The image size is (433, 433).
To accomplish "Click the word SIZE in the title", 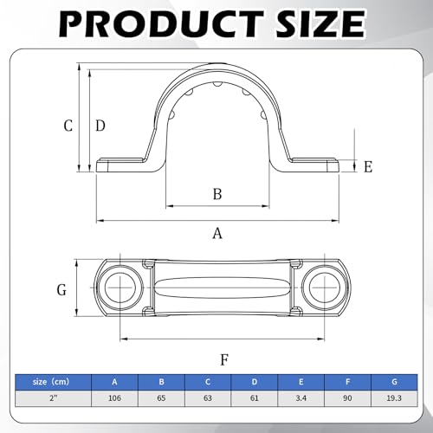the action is (320, 23).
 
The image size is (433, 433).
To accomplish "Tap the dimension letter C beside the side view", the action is (68, 126).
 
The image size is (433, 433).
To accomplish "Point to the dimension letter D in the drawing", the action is (100, 126).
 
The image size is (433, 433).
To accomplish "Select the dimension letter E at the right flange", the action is (368, 167).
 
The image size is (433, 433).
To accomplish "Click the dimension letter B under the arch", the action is (217, 194).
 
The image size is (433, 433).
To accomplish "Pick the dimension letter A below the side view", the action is (217, 233).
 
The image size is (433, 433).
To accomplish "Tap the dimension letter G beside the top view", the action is (61, 289).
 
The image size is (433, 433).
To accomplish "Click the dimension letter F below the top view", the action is (224, 359).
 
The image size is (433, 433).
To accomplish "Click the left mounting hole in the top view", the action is (120, 288).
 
